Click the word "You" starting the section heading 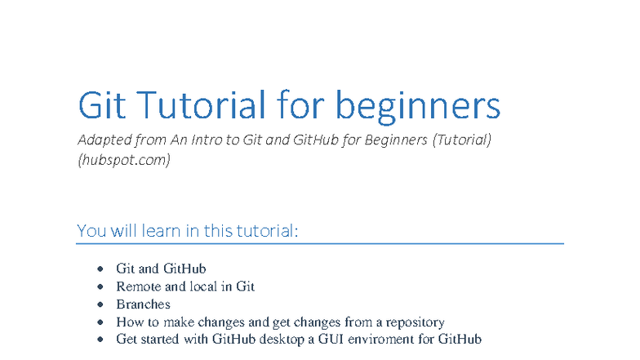coord(92,230)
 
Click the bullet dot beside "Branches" coord(100,304)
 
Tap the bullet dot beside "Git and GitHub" coord(100,268)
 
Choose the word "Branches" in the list coord(143,304)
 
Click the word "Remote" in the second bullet coord(137,286)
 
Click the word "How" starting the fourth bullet coord(128,322)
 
